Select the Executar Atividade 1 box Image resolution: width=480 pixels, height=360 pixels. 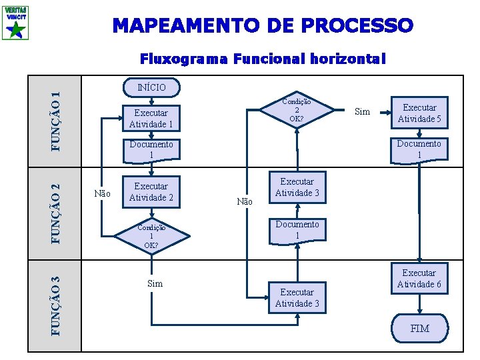[151, 118]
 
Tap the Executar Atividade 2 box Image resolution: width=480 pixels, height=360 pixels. [151, 191]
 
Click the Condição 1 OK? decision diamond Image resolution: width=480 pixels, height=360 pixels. [151, 235]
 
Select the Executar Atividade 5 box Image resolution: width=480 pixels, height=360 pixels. [419, 113]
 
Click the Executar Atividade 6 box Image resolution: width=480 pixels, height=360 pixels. [419, 279]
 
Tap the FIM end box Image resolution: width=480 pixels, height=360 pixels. [419, 329]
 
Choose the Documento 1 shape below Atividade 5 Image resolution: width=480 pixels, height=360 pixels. [419, 149]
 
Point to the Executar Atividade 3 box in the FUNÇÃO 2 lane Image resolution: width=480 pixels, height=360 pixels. [297, 187]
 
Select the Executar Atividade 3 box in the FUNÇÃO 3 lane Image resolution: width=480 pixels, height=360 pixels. [297, 298]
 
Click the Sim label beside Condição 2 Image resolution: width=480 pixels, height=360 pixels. [362, 111]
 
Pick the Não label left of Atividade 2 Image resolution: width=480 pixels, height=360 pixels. [103, 194]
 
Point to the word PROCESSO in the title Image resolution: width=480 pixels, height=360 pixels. [357, 26]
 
